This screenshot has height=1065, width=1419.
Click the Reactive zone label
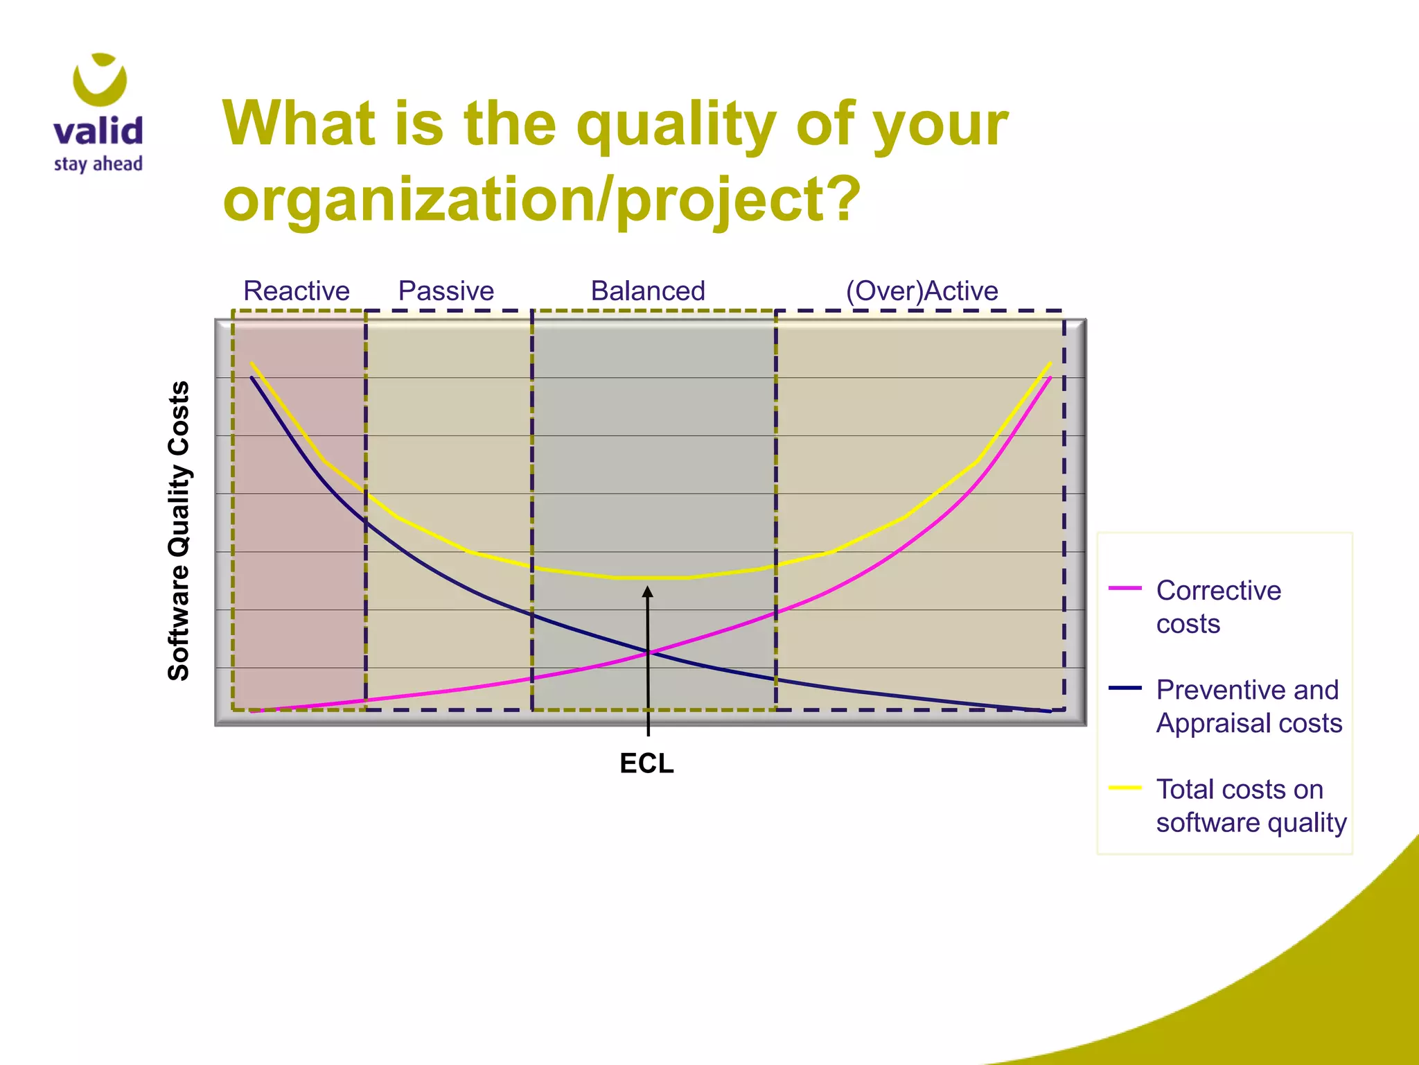[x=297, y=291]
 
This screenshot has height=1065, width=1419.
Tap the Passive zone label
[x=446, y=291]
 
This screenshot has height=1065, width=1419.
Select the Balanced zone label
[x=648, y=291]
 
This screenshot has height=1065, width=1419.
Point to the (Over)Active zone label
[x=922, y=291]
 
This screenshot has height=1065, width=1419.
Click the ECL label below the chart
[x=646, y=763]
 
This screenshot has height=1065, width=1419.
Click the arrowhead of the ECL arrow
[x=648, y=591]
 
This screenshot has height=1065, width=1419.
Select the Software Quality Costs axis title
[x=179, y=530]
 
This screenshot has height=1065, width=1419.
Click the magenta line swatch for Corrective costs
[x=1125, y=588]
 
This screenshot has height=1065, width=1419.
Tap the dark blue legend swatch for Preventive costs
[x=1125, y=688]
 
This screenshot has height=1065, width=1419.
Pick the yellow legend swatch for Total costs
[x=1125, y=788]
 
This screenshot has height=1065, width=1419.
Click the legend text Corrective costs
[x=1218, y=607]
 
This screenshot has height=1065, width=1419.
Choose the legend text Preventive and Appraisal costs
[x=1249, y=706]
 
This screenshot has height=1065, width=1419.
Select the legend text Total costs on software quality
[x=1251, y=806]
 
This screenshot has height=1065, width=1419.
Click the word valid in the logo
[x=98, y=131]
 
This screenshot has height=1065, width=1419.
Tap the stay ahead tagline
[x=98, y=164]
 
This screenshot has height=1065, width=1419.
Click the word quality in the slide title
[x=676, y=125]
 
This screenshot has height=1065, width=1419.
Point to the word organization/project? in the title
[x=541, y=200]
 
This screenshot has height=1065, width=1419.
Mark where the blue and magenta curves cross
[x=649, y=652]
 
